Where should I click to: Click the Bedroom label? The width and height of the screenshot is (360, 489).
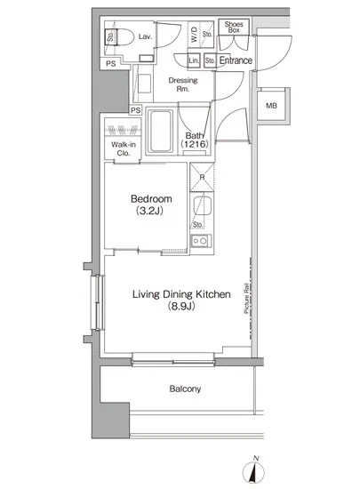(x=151, y=198)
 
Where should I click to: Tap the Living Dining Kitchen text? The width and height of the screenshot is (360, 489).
(x=181, y=294)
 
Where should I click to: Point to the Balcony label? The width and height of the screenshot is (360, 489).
(x=185, y=389)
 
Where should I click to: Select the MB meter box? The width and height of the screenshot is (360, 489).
(x=271, y=106)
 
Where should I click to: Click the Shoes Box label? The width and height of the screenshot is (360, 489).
(x=234, y=28)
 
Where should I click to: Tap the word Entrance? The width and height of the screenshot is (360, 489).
(x=236, y=60)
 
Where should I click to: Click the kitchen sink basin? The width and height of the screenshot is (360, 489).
(x=203, y=206)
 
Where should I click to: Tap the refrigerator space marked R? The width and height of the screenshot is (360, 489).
(x=203, y=177)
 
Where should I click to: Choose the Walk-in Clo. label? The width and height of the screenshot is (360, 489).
(x=124, y=148)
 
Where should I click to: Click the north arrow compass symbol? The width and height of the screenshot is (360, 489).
(x=254, y=471)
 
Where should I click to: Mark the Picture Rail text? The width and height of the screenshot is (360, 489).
(x=246, y=298)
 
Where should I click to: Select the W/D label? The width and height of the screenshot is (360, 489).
(x=194, y=35)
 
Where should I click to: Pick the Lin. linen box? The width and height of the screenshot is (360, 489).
(x=194, y=60)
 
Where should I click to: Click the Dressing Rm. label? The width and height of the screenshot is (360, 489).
(x=183, y=84)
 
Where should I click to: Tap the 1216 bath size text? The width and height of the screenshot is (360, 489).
(x=195, y=144)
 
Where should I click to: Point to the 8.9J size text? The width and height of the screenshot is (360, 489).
(x=181, y=306)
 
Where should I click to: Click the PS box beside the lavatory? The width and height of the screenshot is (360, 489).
(x=110, y=64)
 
